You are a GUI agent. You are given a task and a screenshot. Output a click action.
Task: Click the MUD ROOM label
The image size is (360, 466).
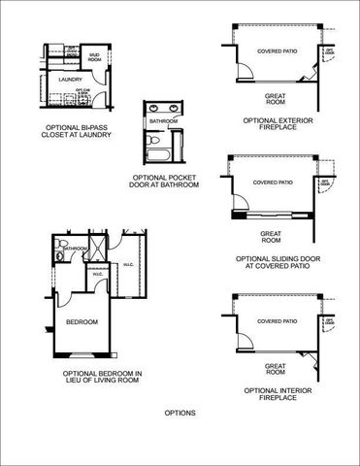tap(94, 56)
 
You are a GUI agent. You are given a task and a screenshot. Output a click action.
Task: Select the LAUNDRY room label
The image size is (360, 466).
tap(70, 80)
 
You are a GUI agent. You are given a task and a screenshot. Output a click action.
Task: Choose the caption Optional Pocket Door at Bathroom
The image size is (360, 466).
tap(165, 182)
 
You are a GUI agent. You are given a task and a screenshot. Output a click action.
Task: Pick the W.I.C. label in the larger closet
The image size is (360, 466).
tap(128, 265)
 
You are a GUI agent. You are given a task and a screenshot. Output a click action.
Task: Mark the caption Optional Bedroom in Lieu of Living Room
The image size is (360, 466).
tap(103, 377)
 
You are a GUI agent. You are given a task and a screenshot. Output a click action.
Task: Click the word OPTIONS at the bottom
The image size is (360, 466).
tap(180, 413)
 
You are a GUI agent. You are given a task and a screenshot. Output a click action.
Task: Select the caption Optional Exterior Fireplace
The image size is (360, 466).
tap(277, 125)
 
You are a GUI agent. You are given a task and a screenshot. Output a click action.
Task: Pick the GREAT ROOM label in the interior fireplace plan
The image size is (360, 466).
tap(274, 368)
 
